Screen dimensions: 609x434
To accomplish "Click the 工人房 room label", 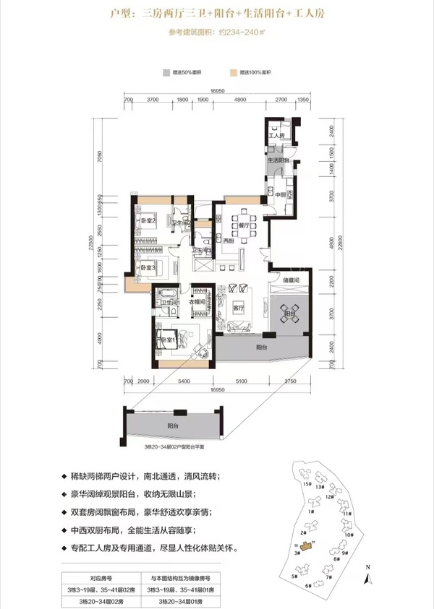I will click(275, 136).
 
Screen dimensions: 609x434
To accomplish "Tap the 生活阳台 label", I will click(279, 160).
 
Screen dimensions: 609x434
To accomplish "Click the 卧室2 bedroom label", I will click(149, 221).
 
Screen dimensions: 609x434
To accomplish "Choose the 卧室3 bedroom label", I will click(149, 269).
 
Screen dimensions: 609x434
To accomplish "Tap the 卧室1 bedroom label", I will click(169, 340).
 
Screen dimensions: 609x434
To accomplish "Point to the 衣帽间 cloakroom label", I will click(199, 302).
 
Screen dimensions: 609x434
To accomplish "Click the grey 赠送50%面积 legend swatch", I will click(166, 73).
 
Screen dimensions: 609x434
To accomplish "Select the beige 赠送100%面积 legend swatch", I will click(234, 73).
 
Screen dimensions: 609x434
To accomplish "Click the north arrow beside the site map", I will click(367, 574).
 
